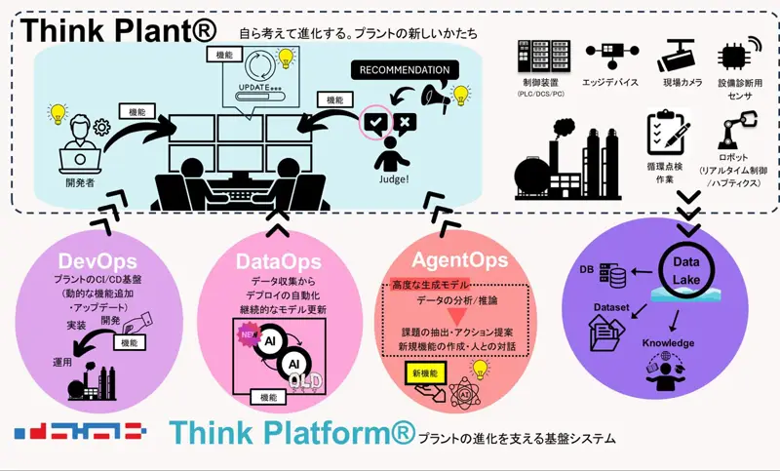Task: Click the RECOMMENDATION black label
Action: (x=405, y=70)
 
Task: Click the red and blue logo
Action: (x=80, y=431)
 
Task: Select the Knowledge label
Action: (x=668, y=343)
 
